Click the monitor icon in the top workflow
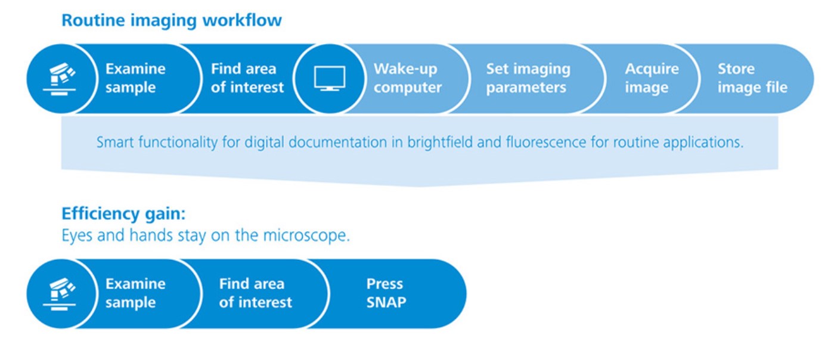tap(330, 78)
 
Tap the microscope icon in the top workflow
tap(60, 79)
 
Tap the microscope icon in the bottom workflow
tap(60, 294)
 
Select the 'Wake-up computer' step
tap(407, 78)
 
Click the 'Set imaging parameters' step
tap(528, 78)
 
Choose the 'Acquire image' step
tap(652, 78)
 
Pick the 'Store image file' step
tap(752, 78)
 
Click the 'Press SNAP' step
tap(386, 293)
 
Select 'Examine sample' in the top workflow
tap(135, 78)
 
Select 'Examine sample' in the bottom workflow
tap(135, 293)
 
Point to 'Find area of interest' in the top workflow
tap(247, 78)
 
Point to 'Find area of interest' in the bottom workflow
tap(255, 293)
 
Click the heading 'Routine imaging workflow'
tap(172, 20)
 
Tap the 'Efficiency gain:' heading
tap(123, 214)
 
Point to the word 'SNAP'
tap(386, 303)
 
